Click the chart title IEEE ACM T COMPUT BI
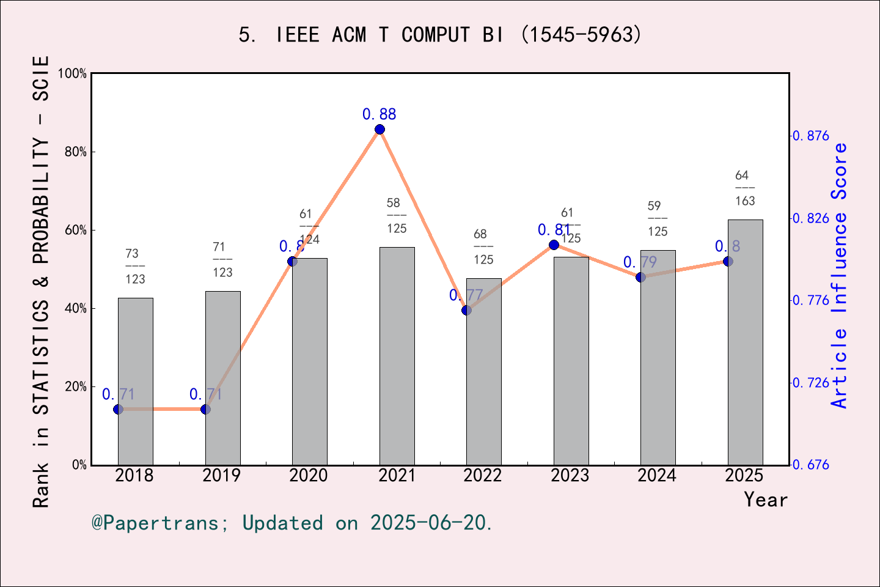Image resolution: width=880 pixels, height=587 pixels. pyautogui.click(x=440, y=35)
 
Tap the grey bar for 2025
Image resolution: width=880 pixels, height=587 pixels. pyautogui.click(x=745, y=342)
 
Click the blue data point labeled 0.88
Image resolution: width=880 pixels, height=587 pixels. pyautogui.click(x=380, y=129)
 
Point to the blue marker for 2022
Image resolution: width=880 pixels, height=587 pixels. pyautogui.click(x=466, y=310)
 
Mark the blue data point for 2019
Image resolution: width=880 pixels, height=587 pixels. pyautogui.click(x=205, y=409)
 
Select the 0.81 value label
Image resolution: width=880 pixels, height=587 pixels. pyautogui.click(x=554, y=230)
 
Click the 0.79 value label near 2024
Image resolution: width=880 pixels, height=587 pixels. pyautogui.click(x=640, y=262)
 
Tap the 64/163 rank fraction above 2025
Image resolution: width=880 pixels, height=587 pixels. pyautogui.click(x=744, y=188)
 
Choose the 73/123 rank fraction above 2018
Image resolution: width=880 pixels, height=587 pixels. pyautogui.click(x=135, y=266)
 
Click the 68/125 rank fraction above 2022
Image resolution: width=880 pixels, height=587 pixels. pyautogui.click(x=483, y=247)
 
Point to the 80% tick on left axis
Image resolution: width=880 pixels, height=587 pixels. pyautogui.click(x=75, y=152)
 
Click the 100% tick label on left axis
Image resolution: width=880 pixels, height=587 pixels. pyautogui.click(x=73, y=73)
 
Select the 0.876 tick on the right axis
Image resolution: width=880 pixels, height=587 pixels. pyautogui.click(x=811, y=136)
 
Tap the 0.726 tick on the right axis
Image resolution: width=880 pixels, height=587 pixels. pyautogui.click(x=811, y=383)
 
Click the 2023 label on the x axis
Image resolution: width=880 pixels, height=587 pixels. pyautogui.click(x=570, y=476)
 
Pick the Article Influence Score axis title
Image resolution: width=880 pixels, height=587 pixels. pyautogui.click(x=840, y=275)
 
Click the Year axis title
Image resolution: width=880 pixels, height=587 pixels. pyautogui.click(x=765, y=500)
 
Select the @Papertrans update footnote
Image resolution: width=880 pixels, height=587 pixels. pyautogui.click(x=291, y=523)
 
